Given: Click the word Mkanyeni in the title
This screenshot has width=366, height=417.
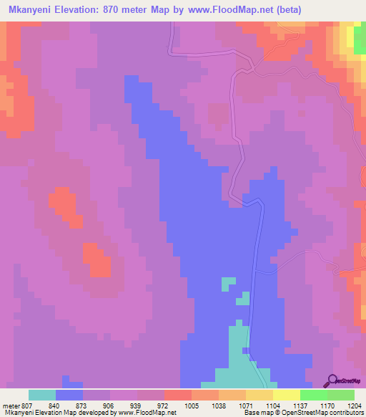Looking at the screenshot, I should point(34,10).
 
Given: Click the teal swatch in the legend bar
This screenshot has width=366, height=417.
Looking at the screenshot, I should point(42,395).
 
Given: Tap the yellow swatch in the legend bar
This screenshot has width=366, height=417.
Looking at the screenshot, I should point(287,395).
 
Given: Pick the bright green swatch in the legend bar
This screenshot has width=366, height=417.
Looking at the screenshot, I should point(314,395).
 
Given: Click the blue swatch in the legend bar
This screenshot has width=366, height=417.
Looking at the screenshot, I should point(69,395).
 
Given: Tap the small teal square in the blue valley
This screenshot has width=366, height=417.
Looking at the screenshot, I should point(228,284).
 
